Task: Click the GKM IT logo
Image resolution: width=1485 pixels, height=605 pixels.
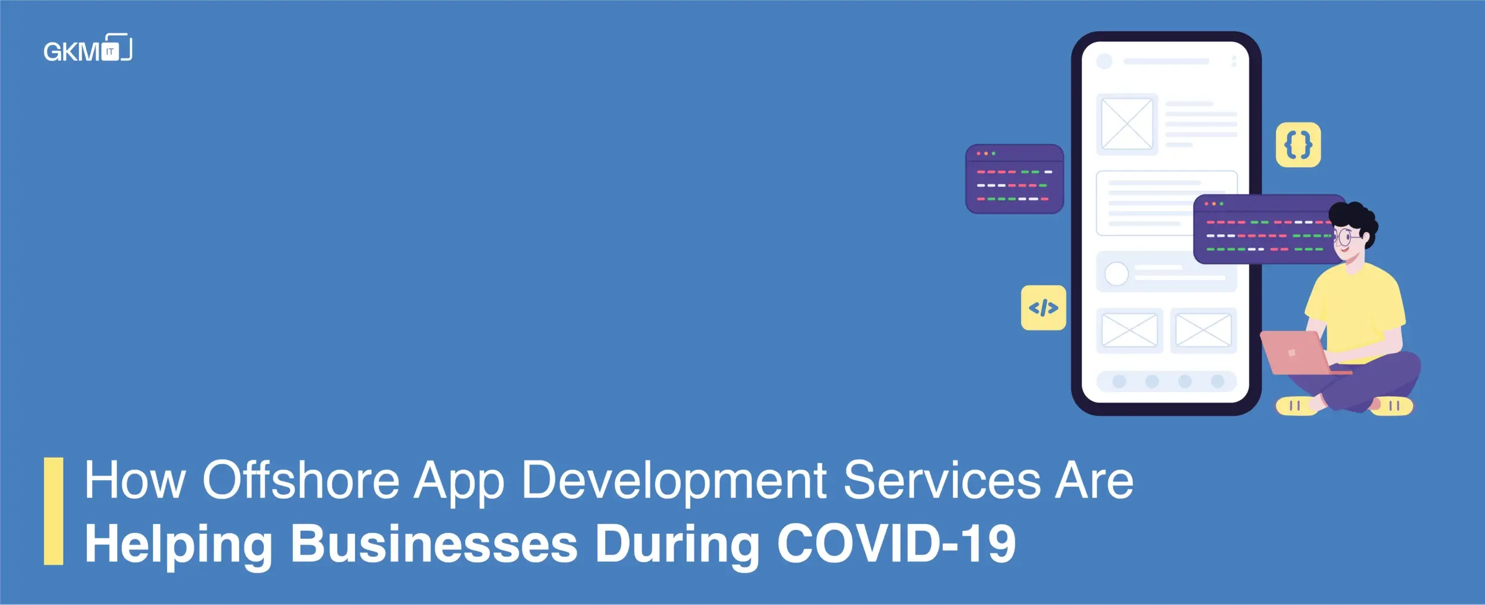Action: click(88, 48)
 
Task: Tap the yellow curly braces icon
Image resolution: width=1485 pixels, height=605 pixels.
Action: click(1298, 144)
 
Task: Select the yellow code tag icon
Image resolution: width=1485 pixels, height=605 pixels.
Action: click(1044, 307)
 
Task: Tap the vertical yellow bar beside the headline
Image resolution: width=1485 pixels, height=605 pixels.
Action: click(53, 511)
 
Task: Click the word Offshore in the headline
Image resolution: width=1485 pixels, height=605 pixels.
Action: click(300, 480)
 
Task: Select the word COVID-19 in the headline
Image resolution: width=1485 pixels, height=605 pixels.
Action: click(896, 543)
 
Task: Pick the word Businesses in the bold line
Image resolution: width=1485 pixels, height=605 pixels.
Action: click(434, 543)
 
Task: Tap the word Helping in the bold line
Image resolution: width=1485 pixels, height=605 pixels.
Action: click(179, 545)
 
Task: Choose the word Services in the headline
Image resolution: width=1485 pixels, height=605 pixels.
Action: click(942, 480)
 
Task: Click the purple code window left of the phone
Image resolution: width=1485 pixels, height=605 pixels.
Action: click(1015, 179)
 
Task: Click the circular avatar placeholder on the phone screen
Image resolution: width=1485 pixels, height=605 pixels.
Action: click(1117, 274)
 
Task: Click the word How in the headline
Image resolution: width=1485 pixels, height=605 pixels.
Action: click(135, 480)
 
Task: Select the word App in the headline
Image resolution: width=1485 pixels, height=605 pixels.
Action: click(459, 483)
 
